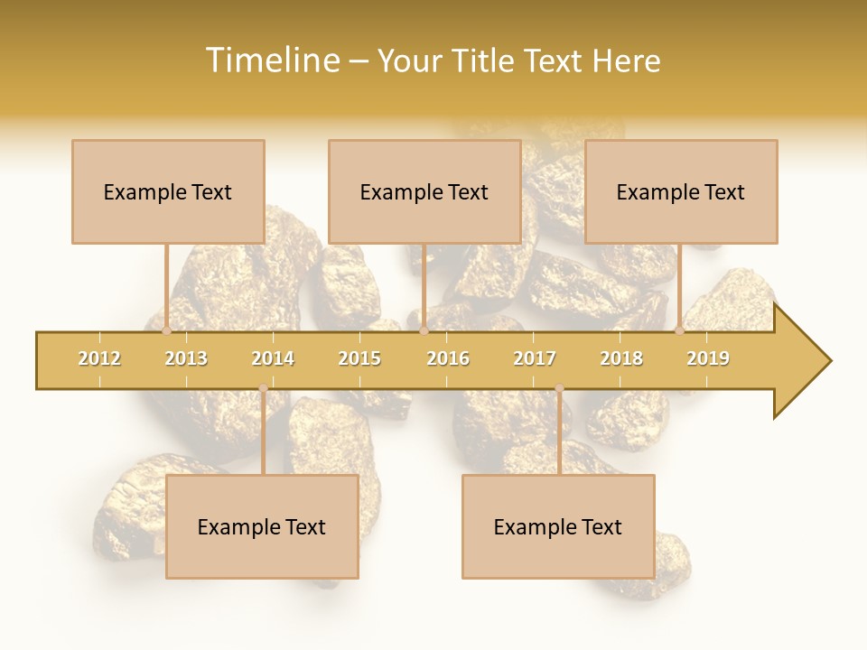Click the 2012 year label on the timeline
(99, 358)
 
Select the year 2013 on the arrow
(186, 358)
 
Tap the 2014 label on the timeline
(273, 358)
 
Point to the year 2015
(359, 358)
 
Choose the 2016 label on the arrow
(448, 358)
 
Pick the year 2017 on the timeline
(535, 358)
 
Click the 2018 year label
(621, 358)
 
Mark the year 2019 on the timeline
(708, 358)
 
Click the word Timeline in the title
(271, 60)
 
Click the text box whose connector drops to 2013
(168, 191)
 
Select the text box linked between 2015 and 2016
(424, 191)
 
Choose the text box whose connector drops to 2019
(681, 191)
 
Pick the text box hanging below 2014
(262, 526)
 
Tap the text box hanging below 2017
(558, 526)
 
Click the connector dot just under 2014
(263, 388)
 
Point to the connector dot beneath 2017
(559, 388)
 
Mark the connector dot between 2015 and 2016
(424, 330)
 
